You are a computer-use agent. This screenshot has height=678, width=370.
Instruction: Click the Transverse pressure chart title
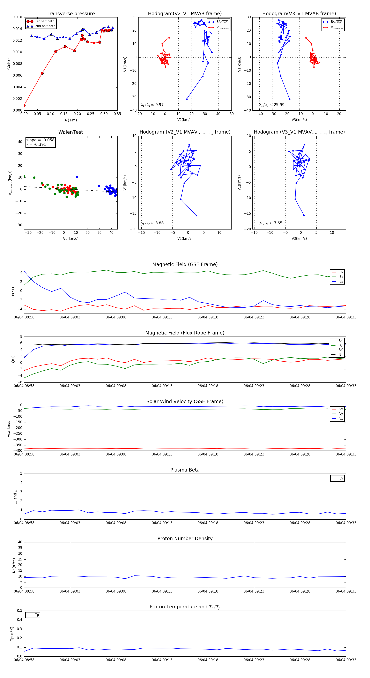click(x=71, y=14)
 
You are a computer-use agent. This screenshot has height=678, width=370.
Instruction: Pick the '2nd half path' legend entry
click(x=45, y=26)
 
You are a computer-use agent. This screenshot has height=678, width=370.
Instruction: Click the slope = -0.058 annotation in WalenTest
click(x=40, y=140)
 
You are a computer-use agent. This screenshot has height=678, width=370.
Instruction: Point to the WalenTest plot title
click(x=71, y=132)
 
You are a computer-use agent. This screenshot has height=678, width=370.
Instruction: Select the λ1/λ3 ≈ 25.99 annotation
click(x=272, y=105)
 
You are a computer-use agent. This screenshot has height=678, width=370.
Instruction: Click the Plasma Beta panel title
click(x=185, y=470)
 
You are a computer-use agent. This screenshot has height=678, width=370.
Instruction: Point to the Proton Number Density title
click(x=185, y=538)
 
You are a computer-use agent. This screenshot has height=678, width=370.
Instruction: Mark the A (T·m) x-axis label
click(x=71, y=120)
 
